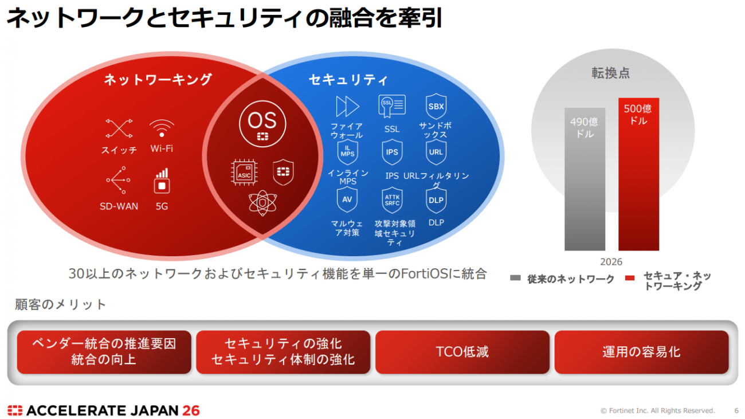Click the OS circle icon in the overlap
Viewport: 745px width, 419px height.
point(262,124)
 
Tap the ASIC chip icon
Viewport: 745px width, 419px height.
point(245,173)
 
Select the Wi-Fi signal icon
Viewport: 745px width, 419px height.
point(162,128)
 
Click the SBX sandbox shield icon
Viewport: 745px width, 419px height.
point(436,107)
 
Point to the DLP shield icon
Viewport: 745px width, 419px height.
point(436,201)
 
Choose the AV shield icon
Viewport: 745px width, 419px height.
point(347,199)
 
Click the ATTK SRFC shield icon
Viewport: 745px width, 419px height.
point(392,200)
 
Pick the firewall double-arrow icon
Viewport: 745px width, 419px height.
point(347,107)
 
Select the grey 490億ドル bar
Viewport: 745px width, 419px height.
point(585,179)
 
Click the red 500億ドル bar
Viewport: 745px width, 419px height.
point(638,174)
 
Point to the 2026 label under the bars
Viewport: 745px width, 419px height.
point(611,262)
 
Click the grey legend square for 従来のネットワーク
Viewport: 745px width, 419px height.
point(515,277)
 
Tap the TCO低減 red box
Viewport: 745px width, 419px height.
point(462,352)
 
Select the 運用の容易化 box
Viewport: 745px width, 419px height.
point(641,352)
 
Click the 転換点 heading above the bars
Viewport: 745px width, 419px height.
point(611,73)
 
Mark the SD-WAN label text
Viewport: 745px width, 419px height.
point(119,206)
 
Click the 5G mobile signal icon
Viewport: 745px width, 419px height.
point(162,181)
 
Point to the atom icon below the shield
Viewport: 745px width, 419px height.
point(262,203)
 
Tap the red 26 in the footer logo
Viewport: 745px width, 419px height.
point(191,410)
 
